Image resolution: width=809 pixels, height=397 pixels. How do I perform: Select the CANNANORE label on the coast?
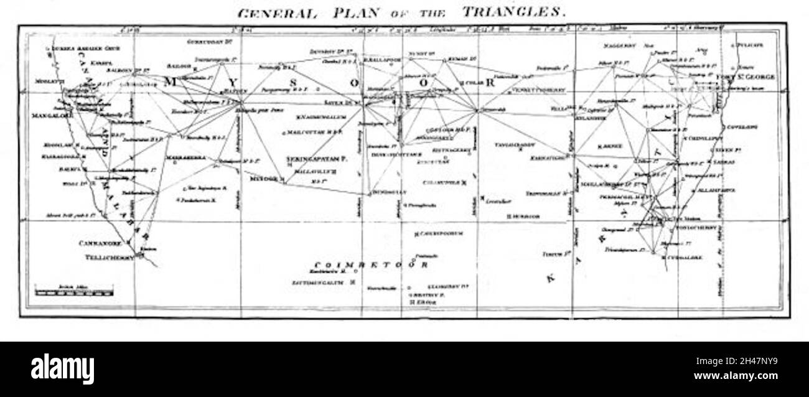tap(101, 244)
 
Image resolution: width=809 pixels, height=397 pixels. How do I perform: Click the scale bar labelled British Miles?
tap(74, 290)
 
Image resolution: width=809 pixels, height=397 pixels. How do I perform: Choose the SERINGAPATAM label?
tap(316, 160)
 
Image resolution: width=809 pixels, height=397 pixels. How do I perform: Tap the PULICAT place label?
tap(749, 45)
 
